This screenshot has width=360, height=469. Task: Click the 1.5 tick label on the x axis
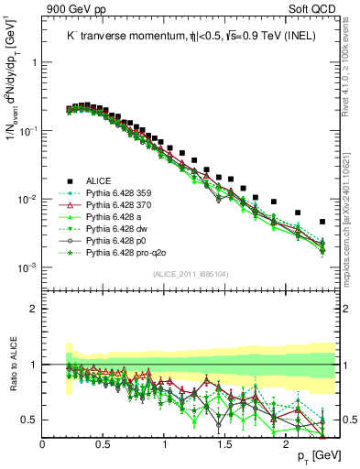pyautogui.click(x=225, y=442)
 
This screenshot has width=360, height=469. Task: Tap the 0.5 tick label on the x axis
pyautogui.click(x=104, y=442)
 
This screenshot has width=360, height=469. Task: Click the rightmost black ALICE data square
pyautogui.click(x=322, y=222)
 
